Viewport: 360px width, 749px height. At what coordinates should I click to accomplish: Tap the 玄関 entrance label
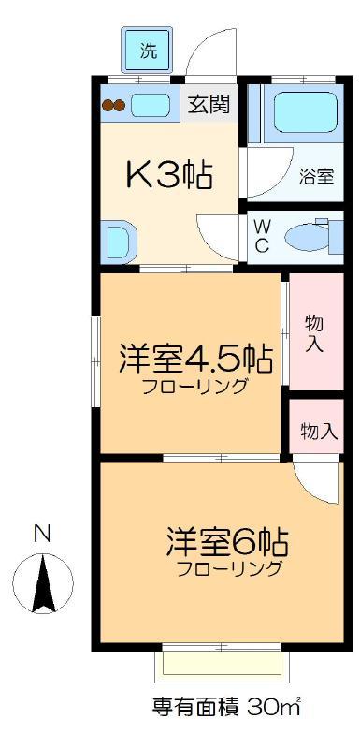point(209,104)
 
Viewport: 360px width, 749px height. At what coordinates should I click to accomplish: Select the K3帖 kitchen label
point(169,175)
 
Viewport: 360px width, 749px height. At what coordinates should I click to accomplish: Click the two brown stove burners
point(113,105)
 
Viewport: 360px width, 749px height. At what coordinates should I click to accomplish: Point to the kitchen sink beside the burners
point(151,105)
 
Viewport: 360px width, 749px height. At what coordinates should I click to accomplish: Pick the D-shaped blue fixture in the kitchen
point(120,242)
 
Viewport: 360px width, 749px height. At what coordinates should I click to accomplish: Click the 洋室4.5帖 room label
point(195,360)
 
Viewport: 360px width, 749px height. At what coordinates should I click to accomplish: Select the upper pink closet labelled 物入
point(317,331)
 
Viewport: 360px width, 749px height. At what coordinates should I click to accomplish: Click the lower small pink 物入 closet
point(317,426)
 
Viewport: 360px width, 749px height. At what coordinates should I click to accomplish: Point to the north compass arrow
point(43,583)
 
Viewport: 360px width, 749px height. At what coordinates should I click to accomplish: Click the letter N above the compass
point(43,534)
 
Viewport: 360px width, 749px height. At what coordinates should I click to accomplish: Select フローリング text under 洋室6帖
point(228,569)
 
